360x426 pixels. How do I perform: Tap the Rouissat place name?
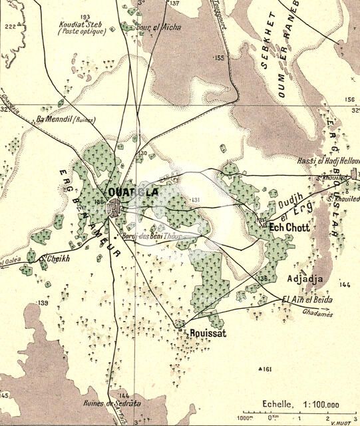point(208,333)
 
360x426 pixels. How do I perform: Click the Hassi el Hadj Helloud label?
point(329,162)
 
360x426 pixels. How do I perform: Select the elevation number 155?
point(220,59)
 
